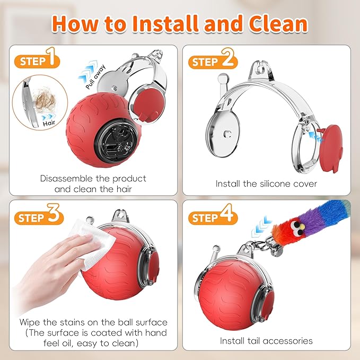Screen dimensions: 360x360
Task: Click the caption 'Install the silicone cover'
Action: [266, 183]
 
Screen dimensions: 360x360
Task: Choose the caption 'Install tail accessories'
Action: [266, 340]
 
